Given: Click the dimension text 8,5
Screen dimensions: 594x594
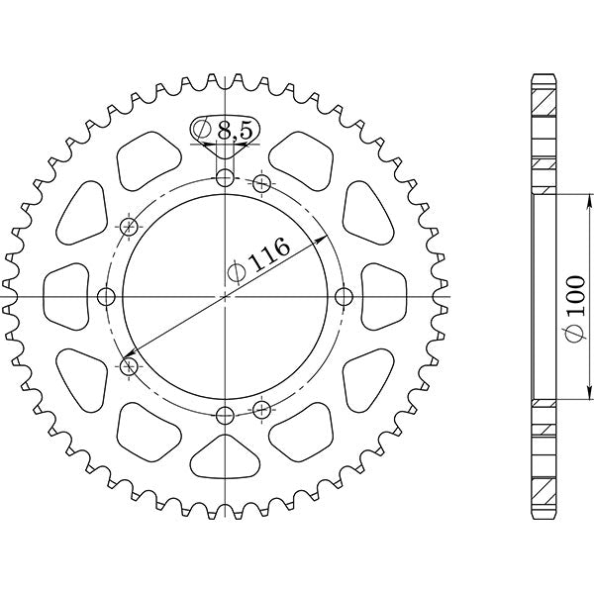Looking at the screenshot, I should coord(234,129).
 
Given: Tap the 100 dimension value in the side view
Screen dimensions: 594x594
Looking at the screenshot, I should coord(578,322).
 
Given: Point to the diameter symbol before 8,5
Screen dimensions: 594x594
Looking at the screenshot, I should coord(202,129).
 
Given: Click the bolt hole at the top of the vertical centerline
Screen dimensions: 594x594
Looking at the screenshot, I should coord(226,179).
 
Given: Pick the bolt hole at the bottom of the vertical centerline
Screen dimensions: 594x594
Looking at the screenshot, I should coord(226,414).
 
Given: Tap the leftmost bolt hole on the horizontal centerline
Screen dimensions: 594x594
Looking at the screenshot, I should coord(108,297).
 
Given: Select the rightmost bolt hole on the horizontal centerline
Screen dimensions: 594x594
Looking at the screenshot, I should coord(344,297).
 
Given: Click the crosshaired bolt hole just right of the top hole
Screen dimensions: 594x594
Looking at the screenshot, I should coord(262,183).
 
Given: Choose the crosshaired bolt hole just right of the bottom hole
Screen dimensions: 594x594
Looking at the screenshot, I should coord(262,409).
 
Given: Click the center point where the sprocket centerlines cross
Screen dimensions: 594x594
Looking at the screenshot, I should coord(226,297).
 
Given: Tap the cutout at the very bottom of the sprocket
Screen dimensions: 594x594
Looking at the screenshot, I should coord(226,460).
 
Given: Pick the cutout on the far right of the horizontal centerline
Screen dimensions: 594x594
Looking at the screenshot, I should coord(382,297).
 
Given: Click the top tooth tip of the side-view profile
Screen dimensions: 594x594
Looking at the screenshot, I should coord(544,76).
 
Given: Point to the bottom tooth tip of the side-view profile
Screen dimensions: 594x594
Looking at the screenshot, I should coord(544,518).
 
